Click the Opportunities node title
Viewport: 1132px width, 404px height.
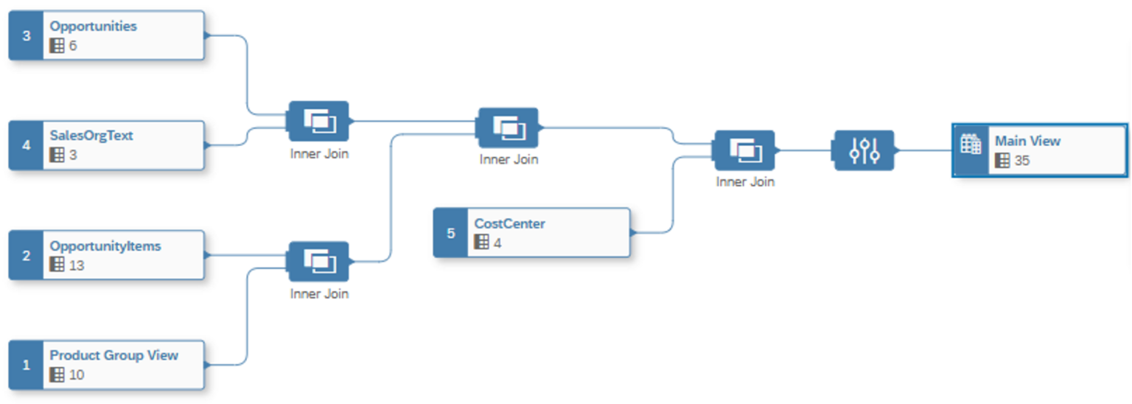pos(93,27)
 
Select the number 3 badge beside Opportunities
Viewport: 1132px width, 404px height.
pos(27,35)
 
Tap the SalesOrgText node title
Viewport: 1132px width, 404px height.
pos(91,136)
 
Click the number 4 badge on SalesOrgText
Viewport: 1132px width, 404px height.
pos(27,145)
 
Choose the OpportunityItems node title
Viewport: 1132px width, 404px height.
pos(105,246)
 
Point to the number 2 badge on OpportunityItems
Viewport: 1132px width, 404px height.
pos(27,256)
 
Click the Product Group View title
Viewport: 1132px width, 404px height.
pos(114,355)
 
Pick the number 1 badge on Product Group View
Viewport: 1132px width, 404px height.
pos(27,365)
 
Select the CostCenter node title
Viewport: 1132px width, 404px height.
pos(510,223)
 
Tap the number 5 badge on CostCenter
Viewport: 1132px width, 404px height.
pos(451,233)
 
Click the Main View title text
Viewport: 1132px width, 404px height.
pos(1027,141)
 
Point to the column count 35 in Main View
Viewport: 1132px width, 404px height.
pos(1022,161)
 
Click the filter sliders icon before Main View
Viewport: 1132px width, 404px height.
pos(864,150)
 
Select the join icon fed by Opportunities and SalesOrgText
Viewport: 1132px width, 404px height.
pos(318,121)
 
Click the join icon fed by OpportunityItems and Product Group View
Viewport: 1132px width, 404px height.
pos(318,261)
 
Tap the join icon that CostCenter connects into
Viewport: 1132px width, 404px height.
pos(744,150)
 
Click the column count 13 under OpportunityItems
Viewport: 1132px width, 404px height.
pos(77,265)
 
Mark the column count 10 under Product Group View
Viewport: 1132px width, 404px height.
pos(77,375)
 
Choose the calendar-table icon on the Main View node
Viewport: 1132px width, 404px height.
pos(971,144)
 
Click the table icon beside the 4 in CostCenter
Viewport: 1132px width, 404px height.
pos(482,243)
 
